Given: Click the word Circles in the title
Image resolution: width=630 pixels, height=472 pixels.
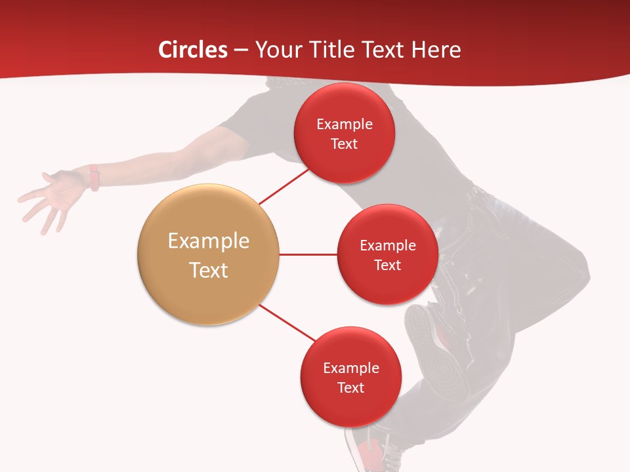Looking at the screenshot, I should [193, 50].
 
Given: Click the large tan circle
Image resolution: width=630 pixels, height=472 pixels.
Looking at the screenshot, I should [209, 255].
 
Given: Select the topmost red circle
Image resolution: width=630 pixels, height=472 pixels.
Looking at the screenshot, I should [344, 134].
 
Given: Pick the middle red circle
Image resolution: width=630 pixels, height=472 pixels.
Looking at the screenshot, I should [387, 255].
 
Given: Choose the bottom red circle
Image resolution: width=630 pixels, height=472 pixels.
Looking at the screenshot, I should [350, 378].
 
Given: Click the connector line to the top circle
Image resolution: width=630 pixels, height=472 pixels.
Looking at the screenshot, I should [283, 186].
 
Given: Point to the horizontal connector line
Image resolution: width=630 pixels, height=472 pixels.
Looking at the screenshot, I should [308, 254].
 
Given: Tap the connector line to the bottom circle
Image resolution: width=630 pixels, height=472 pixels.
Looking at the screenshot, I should [287, 323].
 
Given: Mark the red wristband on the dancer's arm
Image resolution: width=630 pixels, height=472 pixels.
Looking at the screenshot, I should [94, 178].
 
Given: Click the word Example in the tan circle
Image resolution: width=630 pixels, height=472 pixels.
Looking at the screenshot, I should [209, 241].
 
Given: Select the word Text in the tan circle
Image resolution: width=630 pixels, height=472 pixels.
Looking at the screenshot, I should [209, 270].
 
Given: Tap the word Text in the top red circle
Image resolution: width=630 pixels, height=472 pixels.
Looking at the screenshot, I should [344, 144].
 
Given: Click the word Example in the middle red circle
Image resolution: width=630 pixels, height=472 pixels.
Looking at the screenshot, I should [387, 245].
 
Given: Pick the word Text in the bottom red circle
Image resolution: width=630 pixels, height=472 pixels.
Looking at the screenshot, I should [350, 387].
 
